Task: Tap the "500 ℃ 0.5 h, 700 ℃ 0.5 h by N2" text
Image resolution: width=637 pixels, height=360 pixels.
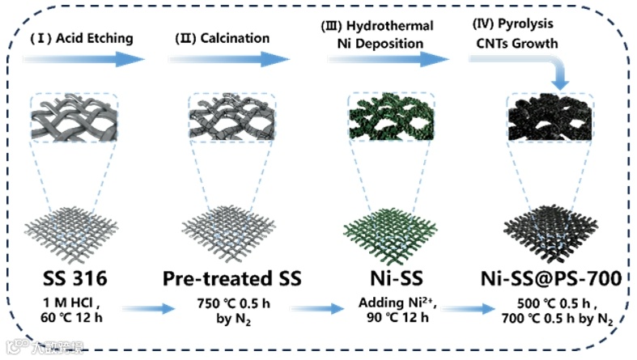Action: tap(547, 310)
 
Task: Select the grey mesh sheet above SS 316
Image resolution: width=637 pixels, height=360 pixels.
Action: tap(74, 235)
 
